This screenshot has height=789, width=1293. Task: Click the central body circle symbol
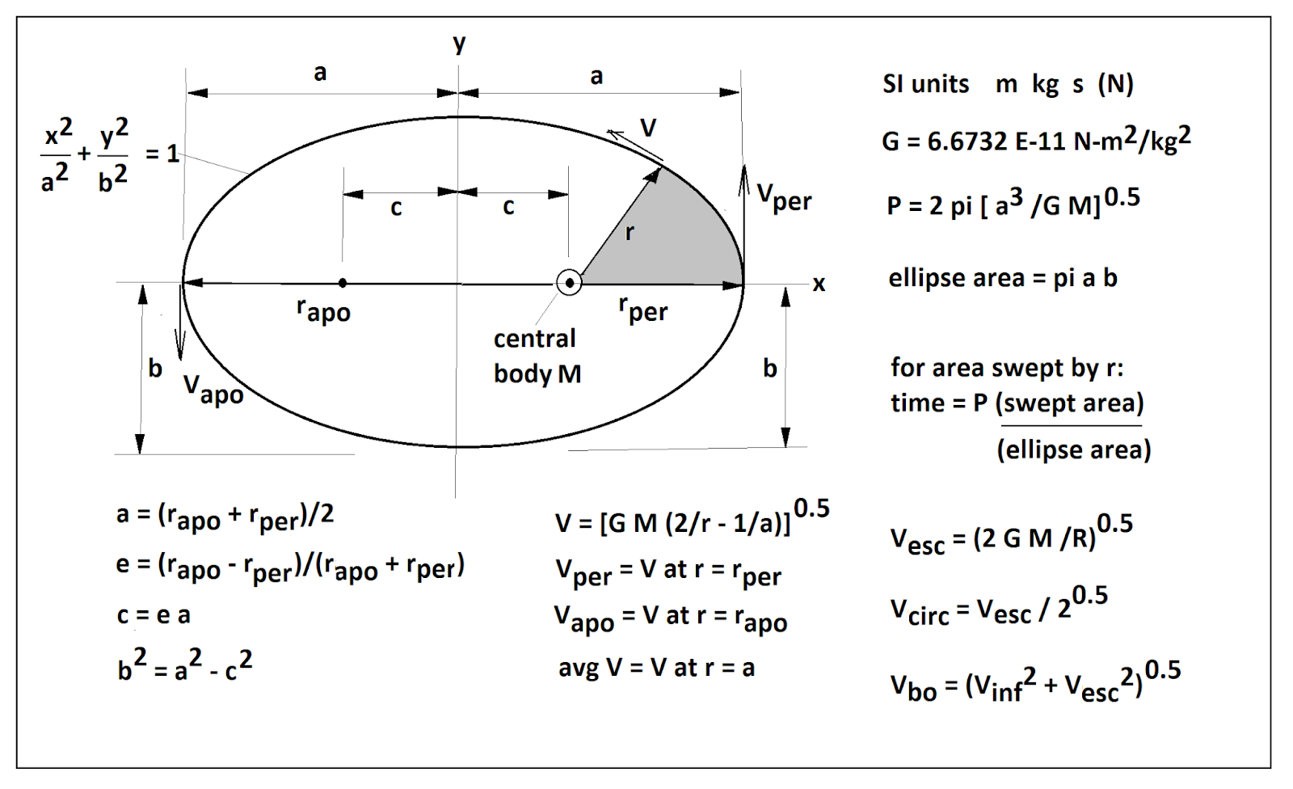tap(570, 283)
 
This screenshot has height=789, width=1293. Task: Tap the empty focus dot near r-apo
tap(343, 283)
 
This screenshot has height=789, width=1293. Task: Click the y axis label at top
tap(459, 44)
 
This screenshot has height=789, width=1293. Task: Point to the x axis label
tap(819, 284)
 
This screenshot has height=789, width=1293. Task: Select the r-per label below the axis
tap(643, 309)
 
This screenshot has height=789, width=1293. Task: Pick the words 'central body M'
tap(537, 356)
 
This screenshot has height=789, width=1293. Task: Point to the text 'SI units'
tap(925, 84)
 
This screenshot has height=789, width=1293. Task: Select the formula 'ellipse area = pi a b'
tap(1002, 278)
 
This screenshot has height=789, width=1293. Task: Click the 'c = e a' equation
tap(154, 615)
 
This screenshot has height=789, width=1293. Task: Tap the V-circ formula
tap(998, 608)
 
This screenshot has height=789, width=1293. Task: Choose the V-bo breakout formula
tap(1034, 684)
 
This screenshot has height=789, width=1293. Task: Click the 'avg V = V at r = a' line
tap(656, 668)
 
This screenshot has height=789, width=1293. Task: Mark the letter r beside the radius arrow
tap(630, 233)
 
